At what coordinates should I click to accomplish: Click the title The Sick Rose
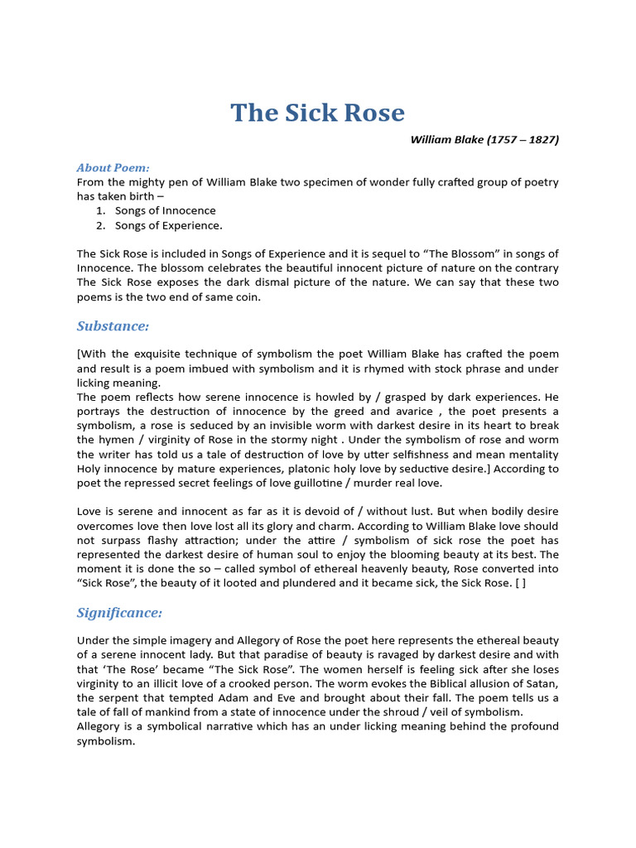tap(317, 113)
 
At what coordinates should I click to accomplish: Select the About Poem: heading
tap(113, 167)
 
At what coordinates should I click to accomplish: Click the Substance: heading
tap(113, 325)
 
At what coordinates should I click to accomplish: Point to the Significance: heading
tap(120, 613)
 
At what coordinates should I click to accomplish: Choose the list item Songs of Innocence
tap(166, 210)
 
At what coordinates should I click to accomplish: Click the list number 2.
tap(100, 225)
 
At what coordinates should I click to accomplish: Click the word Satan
tap(540, 683)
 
